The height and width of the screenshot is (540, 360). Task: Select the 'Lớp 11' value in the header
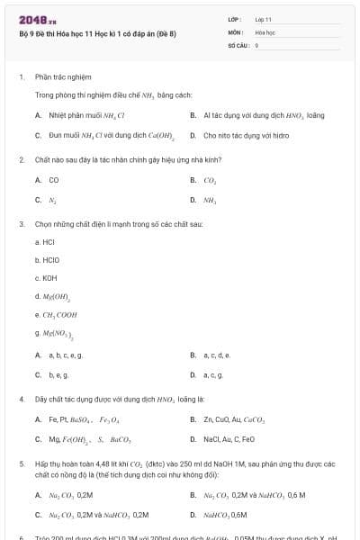point(264,18)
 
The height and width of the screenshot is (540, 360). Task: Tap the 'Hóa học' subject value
point(265,31)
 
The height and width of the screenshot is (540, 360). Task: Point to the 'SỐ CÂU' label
point(238,44)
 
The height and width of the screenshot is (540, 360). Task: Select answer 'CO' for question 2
point(53,180)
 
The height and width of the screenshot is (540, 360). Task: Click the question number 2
point(21,159)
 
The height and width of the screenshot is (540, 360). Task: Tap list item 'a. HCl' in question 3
point(46,242)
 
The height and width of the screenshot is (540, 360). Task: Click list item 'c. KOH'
point(46,278)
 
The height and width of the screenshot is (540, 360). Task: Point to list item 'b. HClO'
point(47,260)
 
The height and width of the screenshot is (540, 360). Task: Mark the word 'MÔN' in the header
point(235,31)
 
